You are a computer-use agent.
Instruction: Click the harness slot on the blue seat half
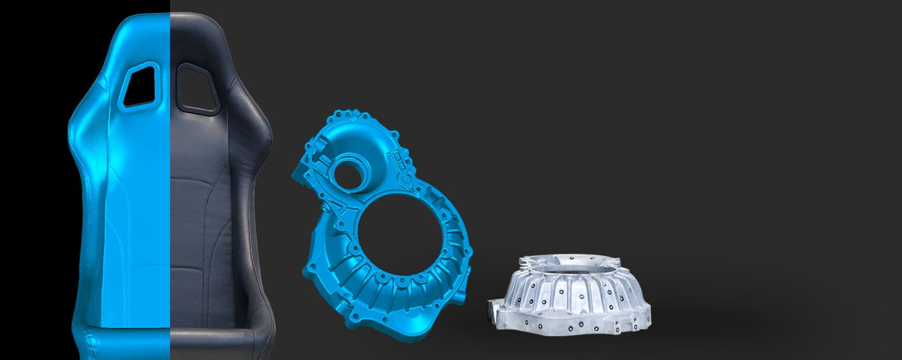pos(141,85)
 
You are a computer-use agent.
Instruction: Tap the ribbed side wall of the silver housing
pos(570,293)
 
